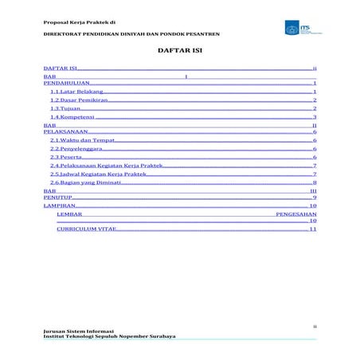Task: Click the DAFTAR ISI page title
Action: tap(179, 53)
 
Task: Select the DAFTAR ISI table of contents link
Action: tap(60, 71)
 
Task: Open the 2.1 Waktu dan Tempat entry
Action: tap(76, 140)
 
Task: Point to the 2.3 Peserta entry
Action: tap(65, 158)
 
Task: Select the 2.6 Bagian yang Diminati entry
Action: tap(83, 182)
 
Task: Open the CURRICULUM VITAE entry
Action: tap(86, 229)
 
